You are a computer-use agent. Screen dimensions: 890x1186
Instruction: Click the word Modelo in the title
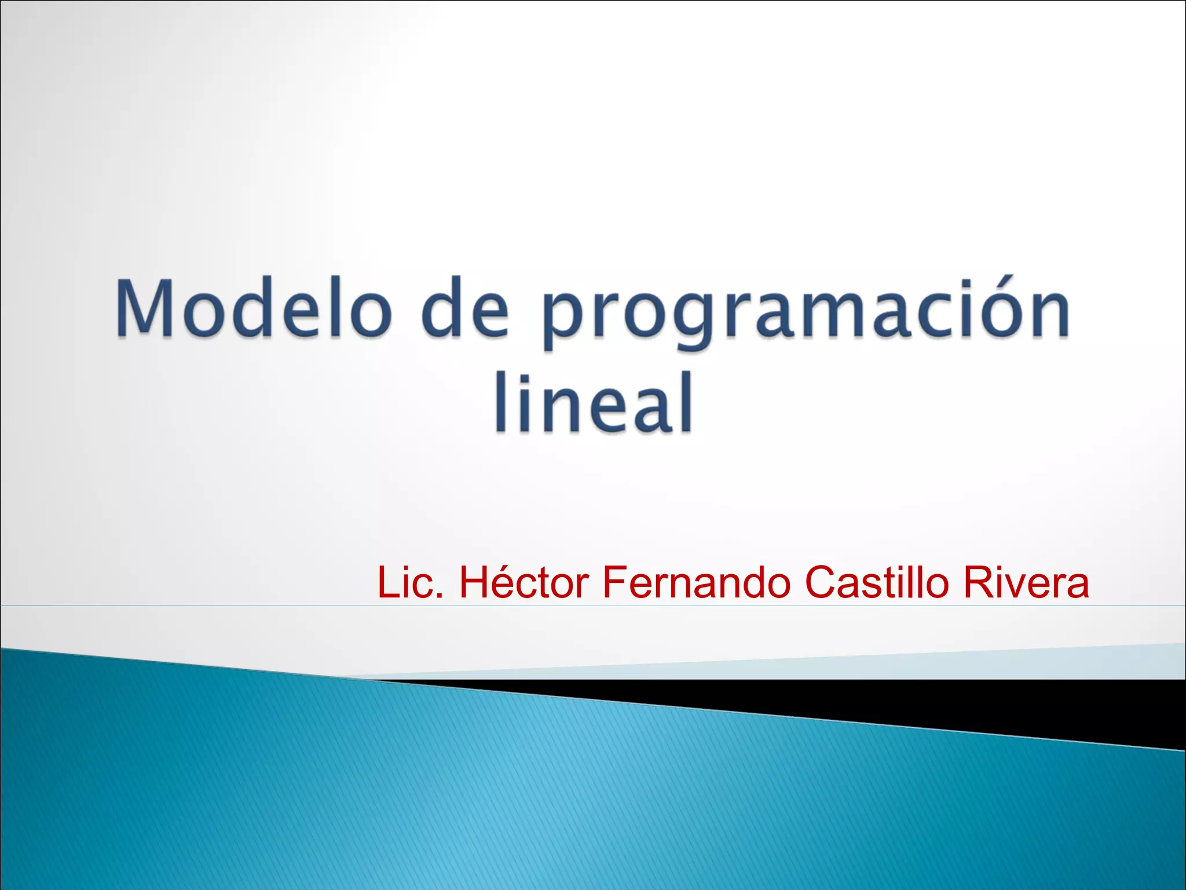[252, 309]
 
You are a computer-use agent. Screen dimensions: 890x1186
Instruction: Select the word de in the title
[465, 309]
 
